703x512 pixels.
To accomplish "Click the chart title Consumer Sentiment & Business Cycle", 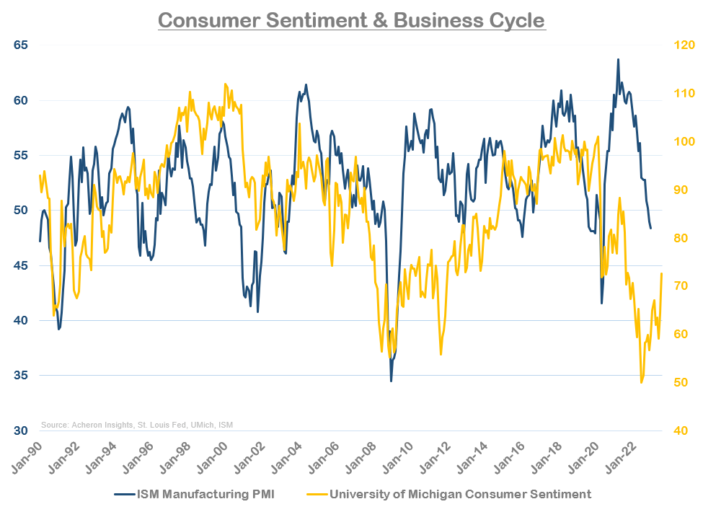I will tap(351, 19).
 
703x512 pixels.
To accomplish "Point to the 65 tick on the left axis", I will tap(19, 45).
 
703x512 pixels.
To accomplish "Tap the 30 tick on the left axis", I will tap(19, 431).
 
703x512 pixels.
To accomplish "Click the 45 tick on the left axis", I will tap(19, 265).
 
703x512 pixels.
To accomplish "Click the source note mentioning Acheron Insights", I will tap(137, 425).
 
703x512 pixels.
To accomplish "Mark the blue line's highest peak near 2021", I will tap(618, 59).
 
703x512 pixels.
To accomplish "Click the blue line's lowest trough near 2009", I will tap(392, 381).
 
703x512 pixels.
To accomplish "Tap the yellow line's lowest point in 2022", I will tap(642, 382).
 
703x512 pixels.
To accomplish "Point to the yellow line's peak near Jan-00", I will tap(225, 84).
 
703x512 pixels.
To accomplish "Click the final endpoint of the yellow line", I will tap(661, 273).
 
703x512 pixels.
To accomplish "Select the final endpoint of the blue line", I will tap(651, 228).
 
